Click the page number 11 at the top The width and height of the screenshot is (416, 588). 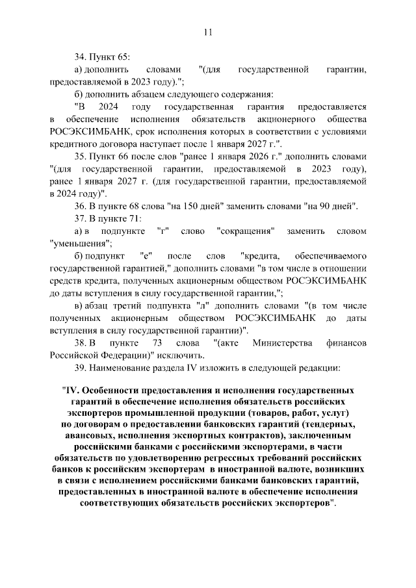coord(208,32)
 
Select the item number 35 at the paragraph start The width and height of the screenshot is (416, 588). coord(81,157)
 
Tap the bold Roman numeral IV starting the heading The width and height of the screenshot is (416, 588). coord(71,392)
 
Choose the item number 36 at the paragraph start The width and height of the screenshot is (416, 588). coord(81,206)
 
